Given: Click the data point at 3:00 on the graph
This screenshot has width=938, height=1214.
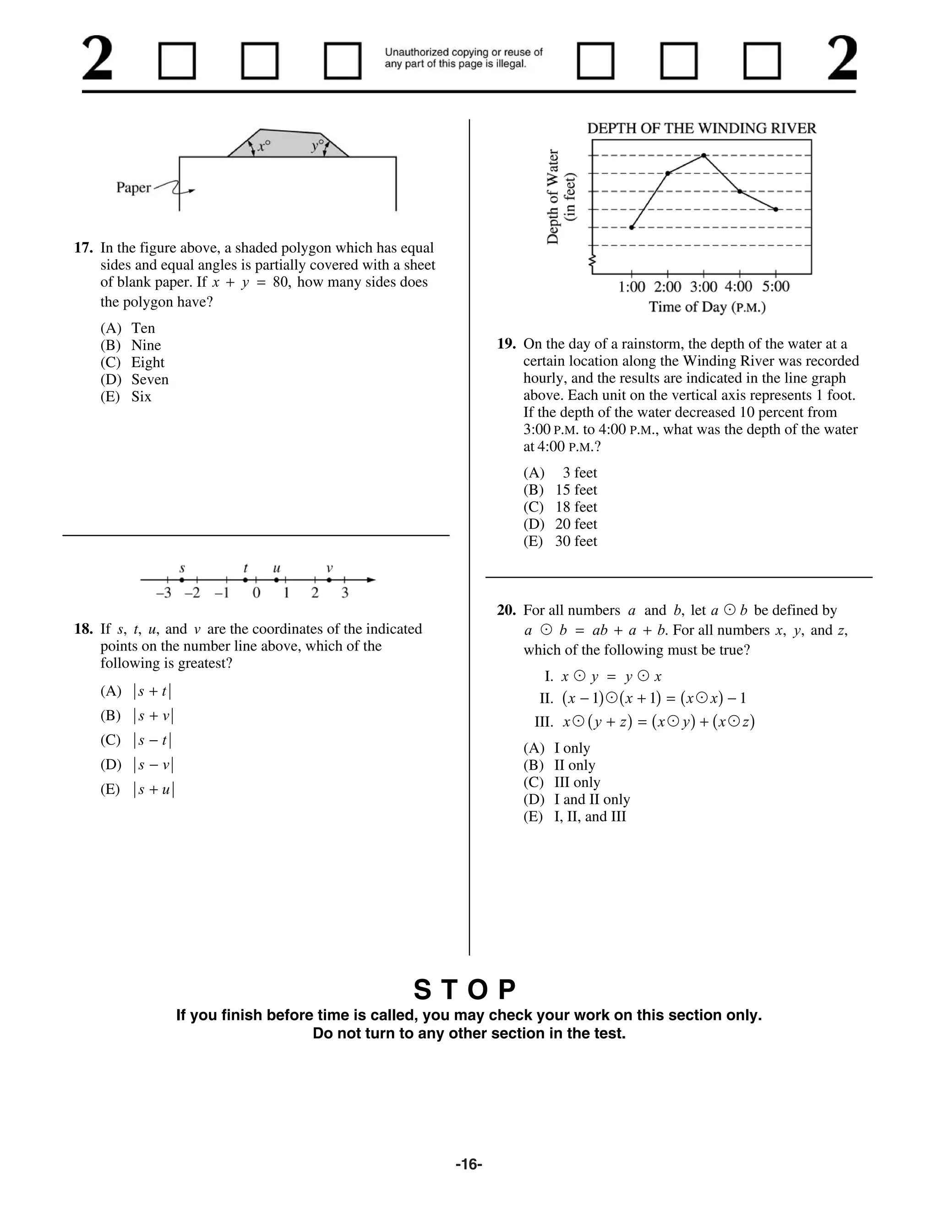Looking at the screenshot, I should click(x=703, y=156).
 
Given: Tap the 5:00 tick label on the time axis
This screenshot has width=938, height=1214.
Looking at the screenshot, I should click(x=776, y=287).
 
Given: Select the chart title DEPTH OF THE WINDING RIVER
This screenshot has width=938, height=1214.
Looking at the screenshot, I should click(x=701, y=128).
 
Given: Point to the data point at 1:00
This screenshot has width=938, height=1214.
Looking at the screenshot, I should click(x=632, y=227).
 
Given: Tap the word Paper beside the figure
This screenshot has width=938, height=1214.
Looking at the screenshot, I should click(x=133, y=188).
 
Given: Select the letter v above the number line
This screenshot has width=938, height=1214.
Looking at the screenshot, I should click(x=329, y=568).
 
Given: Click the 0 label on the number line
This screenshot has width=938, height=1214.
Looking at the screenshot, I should click(x=256, y=593).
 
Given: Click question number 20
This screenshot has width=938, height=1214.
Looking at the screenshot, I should click(x=506, y=610).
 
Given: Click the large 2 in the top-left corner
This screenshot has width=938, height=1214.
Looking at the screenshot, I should click(x=98, y=60).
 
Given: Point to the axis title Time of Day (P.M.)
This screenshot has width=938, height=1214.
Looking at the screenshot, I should click(x=707, y=307).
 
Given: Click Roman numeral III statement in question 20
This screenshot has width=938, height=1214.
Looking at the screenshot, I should click(x=644, y=722).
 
